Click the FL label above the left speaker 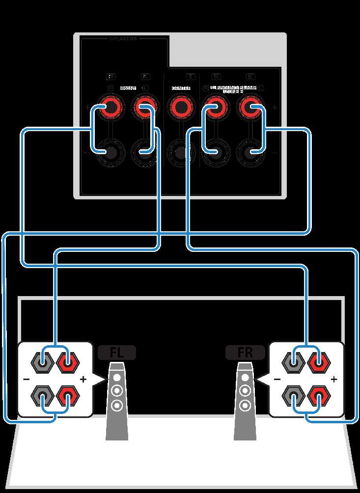coord(116,353)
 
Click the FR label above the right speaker coord(245,353)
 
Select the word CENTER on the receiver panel coord(180,88)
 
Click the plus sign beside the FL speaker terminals coord(83,379)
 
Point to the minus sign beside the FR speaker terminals coord(277,379)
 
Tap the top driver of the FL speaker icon coord(116,379)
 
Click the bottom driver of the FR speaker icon coord(245,406)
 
